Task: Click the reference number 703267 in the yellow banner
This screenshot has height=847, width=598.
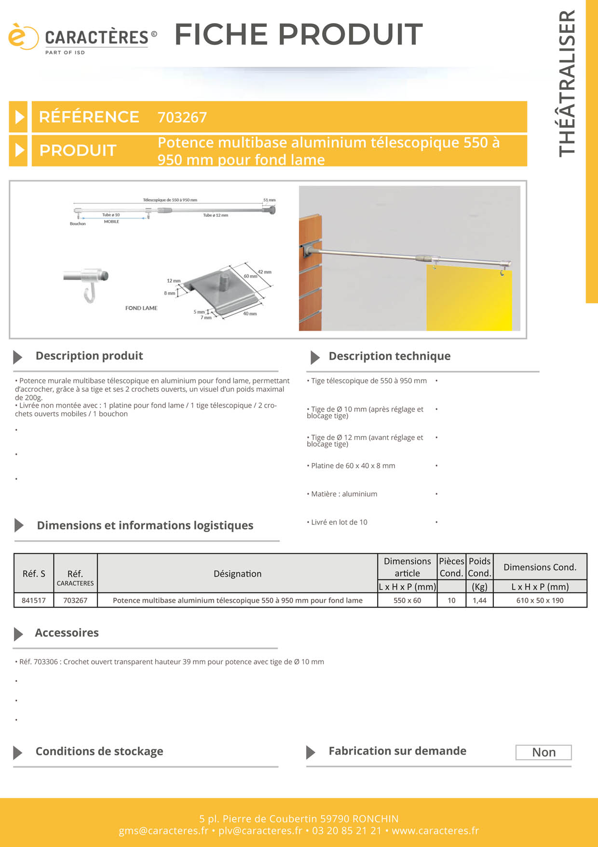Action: point(182,117)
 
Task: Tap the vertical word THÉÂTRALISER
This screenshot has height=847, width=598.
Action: point(567,83)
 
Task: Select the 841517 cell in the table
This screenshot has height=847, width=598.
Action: point(34,600)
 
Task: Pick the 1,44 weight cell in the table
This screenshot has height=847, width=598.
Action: point(479,600)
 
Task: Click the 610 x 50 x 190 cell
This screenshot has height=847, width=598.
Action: point(540,600)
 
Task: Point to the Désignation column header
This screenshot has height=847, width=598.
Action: point(237,574)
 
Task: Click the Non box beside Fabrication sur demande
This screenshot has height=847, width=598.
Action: point(544,752)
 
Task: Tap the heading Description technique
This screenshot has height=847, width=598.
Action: point(389,356)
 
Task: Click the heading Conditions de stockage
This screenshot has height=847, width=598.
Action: point(99,751)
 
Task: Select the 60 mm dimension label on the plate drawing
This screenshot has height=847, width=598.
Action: point(250,276)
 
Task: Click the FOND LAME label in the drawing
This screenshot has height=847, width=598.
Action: point(141,308)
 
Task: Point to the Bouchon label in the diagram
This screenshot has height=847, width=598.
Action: point(78,224)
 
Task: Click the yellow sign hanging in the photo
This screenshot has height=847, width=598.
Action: point(469,299)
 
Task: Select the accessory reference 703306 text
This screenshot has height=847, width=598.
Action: point(46,662)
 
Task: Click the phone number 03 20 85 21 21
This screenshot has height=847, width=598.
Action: point(346,831)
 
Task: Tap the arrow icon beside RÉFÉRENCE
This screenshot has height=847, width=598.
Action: point(19,117)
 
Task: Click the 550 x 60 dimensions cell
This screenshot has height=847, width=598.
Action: point(407,600)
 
